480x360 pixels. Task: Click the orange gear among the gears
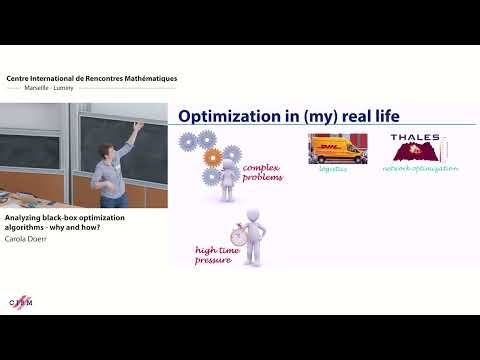pyautogui.click(x=210, y=158)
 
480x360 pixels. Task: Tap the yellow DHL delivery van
pyautogui.click(x=338, y=150)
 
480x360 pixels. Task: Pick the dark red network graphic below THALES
pyautogui.click(x=411, y=153)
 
